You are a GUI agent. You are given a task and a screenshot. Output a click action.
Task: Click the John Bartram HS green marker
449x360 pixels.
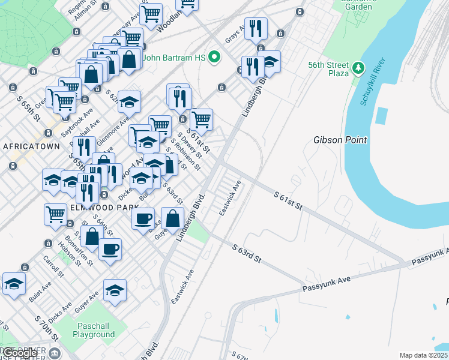(x=212, y=58)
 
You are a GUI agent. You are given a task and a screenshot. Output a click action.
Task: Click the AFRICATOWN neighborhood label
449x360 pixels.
(x=31, y=146)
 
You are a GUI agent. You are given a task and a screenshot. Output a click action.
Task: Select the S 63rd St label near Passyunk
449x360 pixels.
(x=247, y=252)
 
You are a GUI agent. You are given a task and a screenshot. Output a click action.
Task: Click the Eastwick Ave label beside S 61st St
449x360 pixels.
(x=230, y=199)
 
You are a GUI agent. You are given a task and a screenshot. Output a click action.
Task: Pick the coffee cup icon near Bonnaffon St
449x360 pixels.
(x=110, y=248)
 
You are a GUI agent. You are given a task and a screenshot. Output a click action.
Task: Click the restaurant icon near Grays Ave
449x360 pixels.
(x=256, y=28)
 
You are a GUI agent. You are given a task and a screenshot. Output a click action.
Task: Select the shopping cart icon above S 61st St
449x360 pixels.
(x=202, y=119)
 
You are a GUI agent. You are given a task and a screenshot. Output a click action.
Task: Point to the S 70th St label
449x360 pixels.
(x=47, y=328)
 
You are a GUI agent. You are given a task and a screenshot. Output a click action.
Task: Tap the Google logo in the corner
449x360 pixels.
(x=19, y=353)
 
